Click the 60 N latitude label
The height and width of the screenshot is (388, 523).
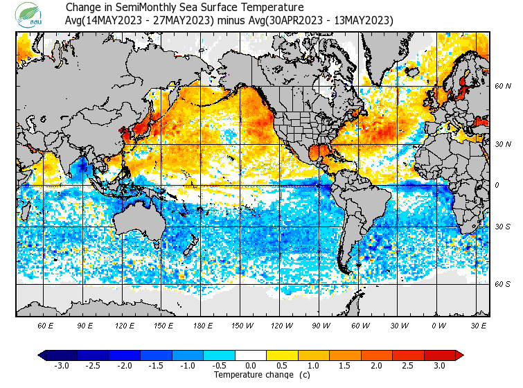503,87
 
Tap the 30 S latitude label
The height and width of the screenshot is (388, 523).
503,227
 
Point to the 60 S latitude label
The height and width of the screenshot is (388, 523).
503,284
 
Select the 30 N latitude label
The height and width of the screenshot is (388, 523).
503,143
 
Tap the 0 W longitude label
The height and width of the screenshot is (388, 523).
438,325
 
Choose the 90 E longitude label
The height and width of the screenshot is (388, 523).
85,325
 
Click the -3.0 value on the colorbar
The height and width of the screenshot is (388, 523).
61,365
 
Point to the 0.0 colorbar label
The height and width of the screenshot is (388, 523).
250,365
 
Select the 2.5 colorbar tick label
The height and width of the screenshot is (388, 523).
408,365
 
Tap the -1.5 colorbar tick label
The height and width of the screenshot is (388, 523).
156,365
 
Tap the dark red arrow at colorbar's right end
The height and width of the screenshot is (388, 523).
459,355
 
